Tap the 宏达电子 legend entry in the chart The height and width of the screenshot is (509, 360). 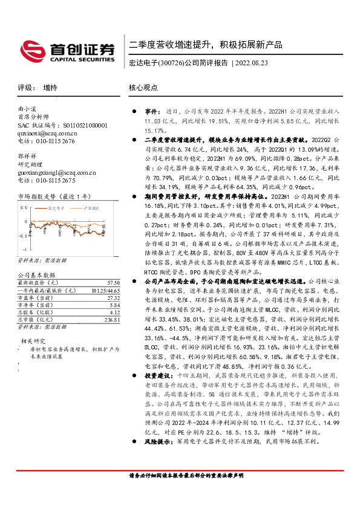click(58, 208)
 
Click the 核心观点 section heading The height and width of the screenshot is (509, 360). click(143, 88)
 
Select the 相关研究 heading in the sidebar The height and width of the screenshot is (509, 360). click(31, 341)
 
